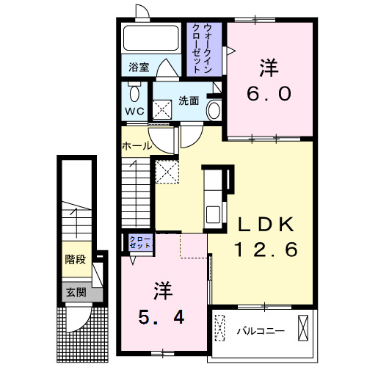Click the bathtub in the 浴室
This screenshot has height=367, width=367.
pyautogui.click(x=151, y=38)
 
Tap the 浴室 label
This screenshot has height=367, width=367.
pyautogui.click(x=139, y=67)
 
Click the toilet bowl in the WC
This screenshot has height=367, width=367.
pyautogui.click(x=134, y=93)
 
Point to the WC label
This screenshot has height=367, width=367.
pyautogui.click(x=134, y=112)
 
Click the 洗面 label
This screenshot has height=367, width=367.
pyautogui.click(x=189, y=101)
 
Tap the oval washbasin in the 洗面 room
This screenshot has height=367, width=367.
pyautogui.click(x=214, y=110)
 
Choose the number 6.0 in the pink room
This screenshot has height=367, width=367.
pyautogui.click(x=269, y=94)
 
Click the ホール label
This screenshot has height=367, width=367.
pyautogui.click(x=137, y=146)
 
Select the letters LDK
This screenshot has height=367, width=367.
pyautogui.click(x=266, y=225)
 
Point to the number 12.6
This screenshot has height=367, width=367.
pyautogui.click(x=266, y=250)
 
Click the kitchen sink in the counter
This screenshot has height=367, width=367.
pyautogui.click(x=213, y=214)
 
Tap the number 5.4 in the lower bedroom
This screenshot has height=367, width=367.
pyautogui.click(x=161, y=317)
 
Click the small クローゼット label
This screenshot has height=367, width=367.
pyautogui.click(x=140, y=242)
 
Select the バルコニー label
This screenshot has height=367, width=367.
pyautogui.click(x=261, y=331)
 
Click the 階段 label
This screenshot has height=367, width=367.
pyautogui.click(x=76, y=259)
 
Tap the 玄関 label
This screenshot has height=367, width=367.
pyautogui.click(x=76, y=292)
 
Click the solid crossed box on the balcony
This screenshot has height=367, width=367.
pyautogui.click(x=303, y=328)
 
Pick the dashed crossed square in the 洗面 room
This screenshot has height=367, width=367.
pyautogui.click(x=162, y=110)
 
